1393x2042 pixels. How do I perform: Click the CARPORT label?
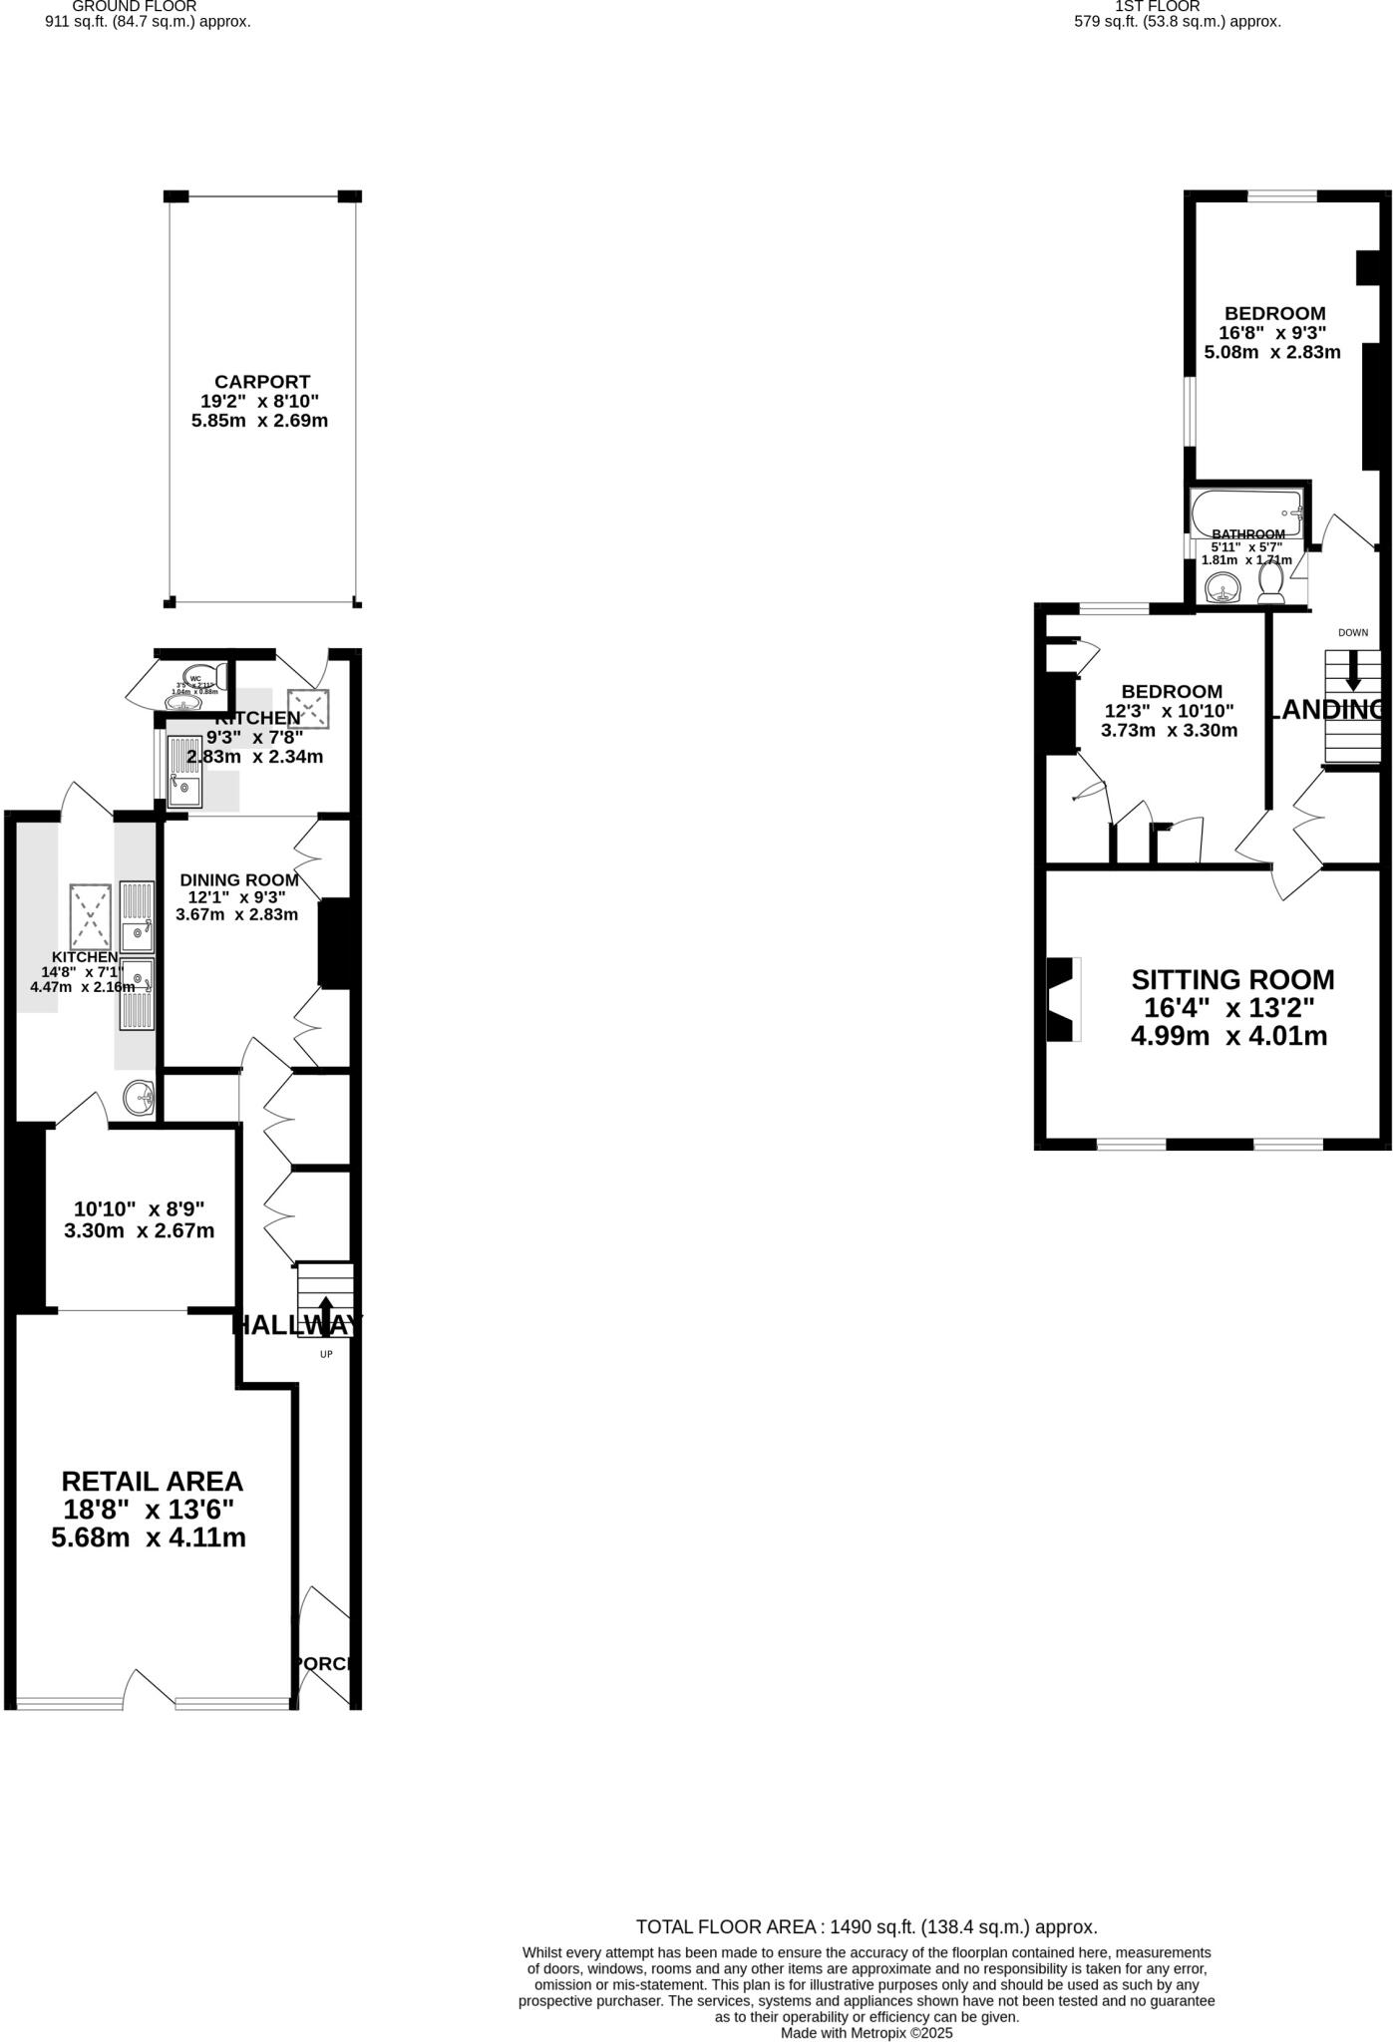click(x=262, y=382)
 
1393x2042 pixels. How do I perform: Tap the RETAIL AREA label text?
click(x=152, y=1481)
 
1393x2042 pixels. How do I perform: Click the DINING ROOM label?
click(x=238, y=880)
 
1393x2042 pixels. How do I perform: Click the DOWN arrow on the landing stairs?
click(x=1352, y=670)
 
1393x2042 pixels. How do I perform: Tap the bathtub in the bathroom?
click(x=1246, y=512)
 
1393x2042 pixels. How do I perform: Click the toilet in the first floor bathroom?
click(x=1271, y=582)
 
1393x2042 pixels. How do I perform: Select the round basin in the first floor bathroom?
click(x=1222, y=588)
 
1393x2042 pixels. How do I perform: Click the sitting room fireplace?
click(x=1063, y=999)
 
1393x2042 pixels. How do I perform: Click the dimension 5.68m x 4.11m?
click(x=149, y=1537)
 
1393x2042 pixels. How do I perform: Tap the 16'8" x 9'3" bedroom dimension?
click(x=1272, y=333)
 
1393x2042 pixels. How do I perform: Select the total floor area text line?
click(x=867, y=1927)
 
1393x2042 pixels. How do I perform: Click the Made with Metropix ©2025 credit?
click(x=867, y=2033)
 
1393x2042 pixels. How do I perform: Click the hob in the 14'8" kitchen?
click(x=91, y=914)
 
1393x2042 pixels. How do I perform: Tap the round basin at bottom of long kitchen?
click(x=140, y=1098)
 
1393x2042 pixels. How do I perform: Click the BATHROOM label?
click(x=1247, y=534)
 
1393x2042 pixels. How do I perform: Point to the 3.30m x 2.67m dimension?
click(x=139, y=1230)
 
